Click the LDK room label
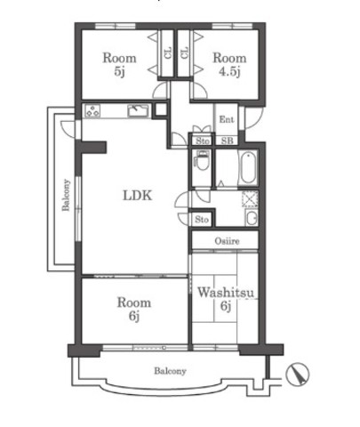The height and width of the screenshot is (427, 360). tap(138, 196)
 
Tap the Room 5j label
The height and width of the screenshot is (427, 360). tap(119, 64)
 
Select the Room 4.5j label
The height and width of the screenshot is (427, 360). tap(229, 64)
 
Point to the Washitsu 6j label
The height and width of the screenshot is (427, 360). tap(226, 299)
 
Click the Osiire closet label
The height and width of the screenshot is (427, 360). tap(227, 241)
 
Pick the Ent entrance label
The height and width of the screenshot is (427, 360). tap(227, 119)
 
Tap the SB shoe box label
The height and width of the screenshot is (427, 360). tap(228, 141)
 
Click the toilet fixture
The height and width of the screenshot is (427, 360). tap(203, 161)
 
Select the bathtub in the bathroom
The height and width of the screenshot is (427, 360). tap(248, 168)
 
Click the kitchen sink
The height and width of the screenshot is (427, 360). tap(138, 110)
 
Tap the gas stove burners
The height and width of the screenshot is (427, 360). tap(92, 111)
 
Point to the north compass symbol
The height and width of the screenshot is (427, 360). tap(298, 375)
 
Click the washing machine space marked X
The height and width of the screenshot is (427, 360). tap(250, 198)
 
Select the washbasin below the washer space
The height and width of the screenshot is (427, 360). tap(252, 218)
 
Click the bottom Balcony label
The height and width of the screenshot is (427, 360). tap(170, 371)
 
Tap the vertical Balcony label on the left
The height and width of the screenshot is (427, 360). tap(66, 195)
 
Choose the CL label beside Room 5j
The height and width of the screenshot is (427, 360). tap(168, 53)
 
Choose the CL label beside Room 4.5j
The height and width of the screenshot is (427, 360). tap(184, 53)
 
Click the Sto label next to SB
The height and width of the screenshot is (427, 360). tap(203, 141)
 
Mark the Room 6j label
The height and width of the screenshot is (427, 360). tap(134, 309)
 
